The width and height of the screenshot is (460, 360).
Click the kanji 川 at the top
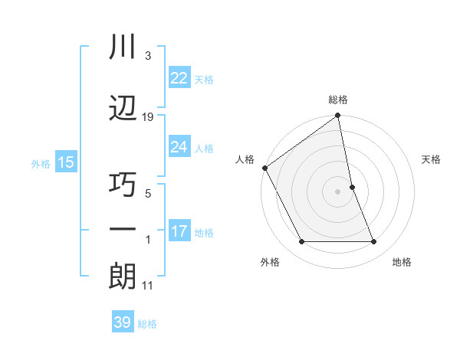(123, 48)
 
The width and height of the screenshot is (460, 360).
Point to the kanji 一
(123, 231)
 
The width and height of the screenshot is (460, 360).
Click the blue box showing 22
(179, 77)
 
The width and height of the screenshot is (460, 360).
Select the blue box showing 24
(179, 146)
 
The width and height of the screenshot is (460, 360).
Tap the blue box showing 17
(179, 231)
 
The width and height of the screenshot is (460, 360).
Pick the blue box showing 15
(66, 162)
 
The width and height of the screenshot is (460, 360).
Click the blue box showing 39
(122, 322)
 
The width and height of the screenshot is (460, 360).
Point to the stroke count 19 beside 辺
(148, 116)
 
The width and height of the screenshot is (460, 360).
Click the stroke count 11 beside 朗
(148, 286)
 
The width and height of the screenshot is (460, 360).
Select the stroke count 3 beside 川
(148, 57)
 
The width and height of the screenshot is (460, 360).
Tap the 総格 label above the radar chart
(338, 100)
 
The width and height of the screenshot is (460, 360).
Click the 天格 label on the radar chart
(432, 159)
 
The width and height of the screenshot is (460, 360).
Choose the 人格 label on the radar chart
(245, 159)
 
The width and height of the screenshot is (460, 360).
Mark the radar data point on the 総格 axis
(337, 116)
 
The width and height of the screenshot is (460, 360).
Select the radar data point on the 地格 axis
(374, 242)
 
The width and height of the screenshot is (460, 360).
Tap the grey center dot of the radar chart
(337, 191)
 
